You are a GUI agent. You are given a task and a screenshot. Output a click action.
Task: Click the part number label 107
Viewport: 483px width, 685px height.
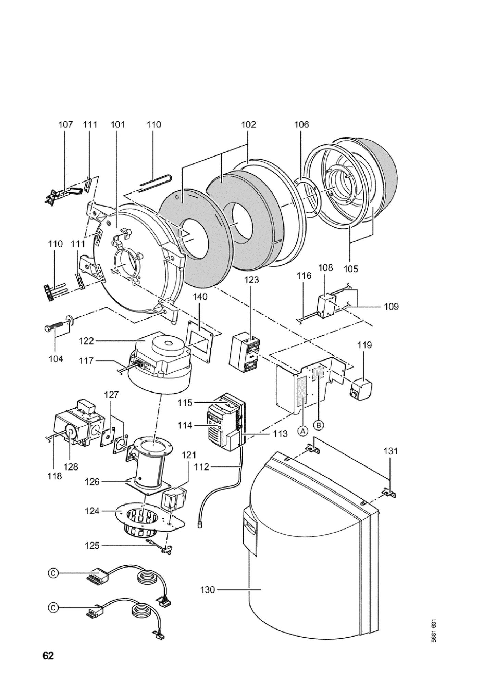65,124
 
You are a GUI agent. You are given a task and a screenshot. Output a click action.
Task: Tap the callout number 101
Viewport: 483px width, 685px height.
117,124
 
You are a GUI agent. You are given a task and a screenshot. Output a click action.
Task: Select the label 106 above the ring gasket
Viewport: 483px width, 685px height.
301,124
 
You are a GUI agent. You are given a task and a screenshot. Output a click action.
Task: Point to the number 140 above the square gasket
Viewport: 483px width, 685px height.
200,297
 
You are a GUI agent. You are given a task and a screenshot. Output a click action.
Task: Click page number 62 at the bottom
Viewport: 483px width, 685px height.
48,656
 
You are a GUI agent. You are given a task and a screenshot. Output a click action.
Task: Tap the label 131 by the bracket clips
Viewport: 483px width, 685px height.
391,451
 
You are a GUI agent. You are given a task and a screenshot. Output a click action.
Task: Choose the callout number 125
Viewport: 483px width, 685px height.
92,546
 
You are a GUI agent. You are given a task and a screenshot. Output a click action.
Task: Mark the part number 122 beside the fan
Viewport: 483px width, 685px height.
86,341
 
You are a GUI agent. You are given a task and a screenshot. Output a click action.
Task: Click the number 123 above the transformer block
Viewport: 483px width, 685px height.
251,280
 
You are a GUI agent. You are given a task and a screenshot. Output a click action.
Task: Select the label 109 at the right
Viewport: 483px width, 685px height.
391,307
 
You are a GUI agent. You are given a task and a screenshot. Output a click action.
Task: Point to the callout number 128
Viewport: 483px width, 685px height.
71,467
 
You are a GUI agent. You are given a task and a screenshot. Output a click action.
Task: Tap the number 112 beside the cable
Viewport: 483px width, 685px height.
201,467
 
